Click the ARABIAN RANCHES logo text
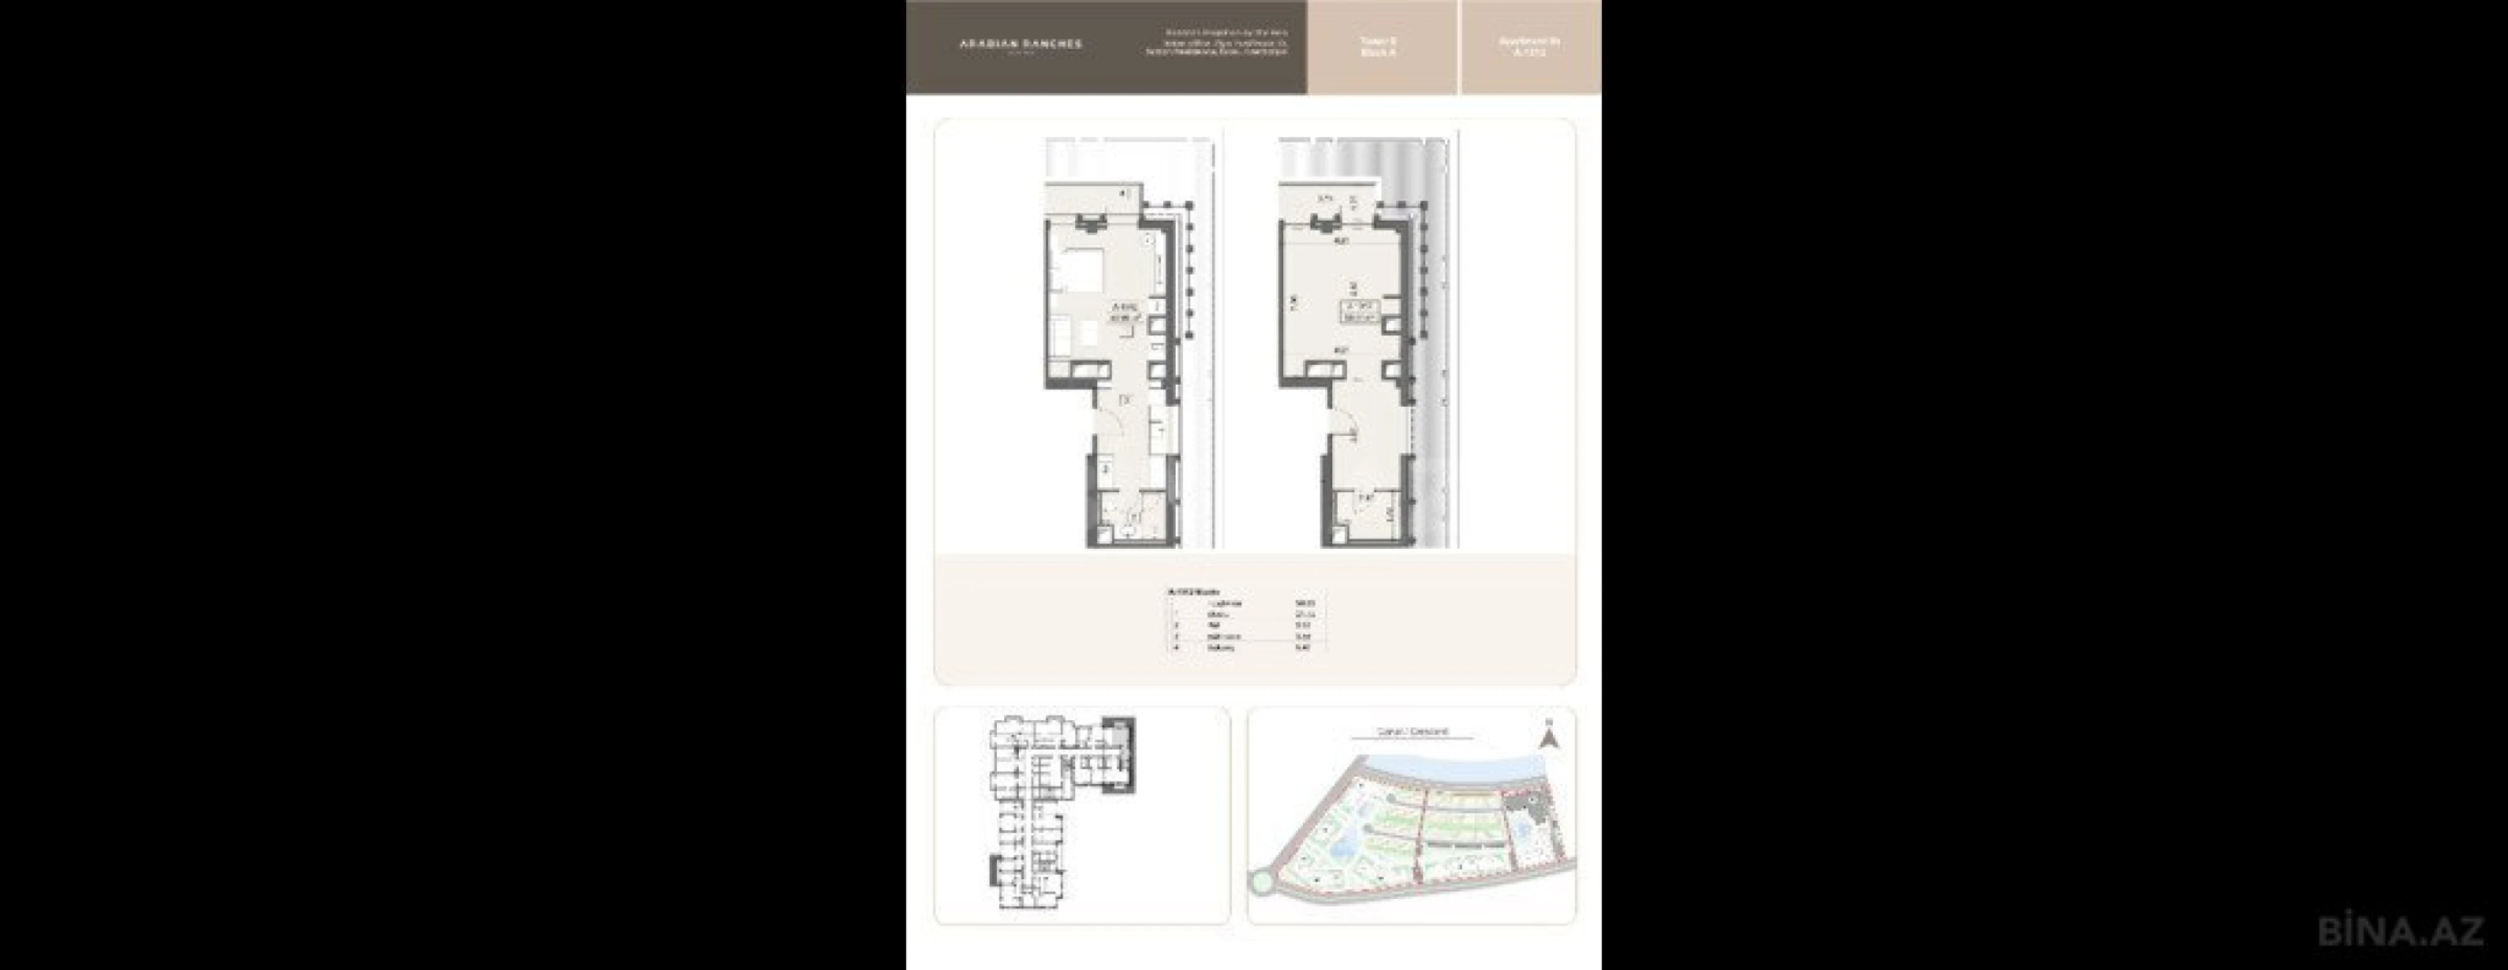pyautogui.click(x=1019, y=44)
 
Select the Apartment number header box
pyautogui.click(x=1530, y=46)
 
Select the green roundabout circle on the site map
pyautogui.click(x=1260, y=882)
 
